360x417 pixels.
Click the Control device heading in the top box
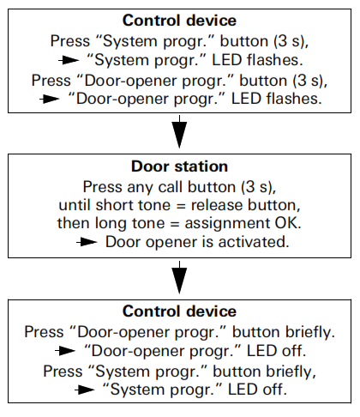[x=180, y=19]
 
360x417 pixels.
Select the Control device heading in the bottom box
[x=180, y=311]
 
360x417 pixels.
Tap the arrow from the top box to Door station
[x=180, y=134]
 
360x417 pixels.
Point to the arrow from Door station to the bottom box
[x=180, y=280]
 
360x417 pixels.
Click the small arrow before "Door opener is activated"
[x=89, y=241]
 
